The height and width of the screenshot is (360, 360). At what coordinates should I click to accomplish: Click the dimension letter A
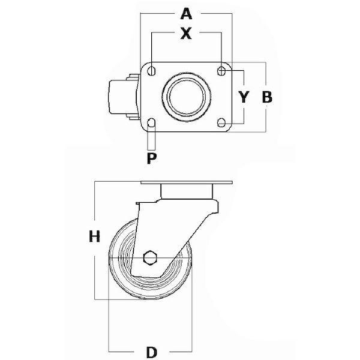(186, 14)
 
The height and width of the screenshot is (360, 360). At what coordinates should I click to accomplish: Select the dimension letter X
(186, 33)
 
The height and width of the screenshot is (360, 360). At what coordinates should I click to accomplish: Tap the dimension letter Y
(244, 97)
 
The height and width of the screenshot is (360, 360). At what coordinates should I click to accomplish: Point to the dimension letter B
(267, 97)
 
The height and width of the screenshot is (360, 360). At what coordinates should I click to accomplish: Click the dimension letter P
(152, 158)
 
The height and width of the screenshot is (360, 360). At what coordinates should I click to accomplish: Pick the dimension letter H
(94, 236)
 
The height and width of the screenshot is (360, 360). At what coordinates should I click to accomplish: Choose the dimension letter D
(152, 352)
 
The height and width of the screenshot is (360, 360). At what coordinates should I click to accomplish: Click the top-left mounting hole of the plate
(151, 71)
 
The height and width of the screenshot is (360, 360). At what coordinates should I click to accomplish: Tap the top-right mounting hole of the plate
(221, 71)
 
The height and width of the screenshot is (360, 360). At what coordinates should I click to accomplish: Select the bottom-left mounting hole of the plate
(151, 122)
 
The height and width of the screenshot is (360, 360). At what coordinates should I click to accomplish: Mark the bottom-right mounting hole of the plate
(221, 122)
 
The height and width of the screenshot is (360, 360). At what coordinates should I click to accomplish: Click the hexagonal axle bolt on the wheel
(150, 257)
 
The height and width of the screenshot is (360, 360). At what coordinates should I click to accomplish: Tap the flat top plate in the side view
(187, 182)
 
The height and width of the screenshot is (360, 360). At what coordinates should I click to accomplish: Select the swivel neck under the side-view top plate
(187, 191)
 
